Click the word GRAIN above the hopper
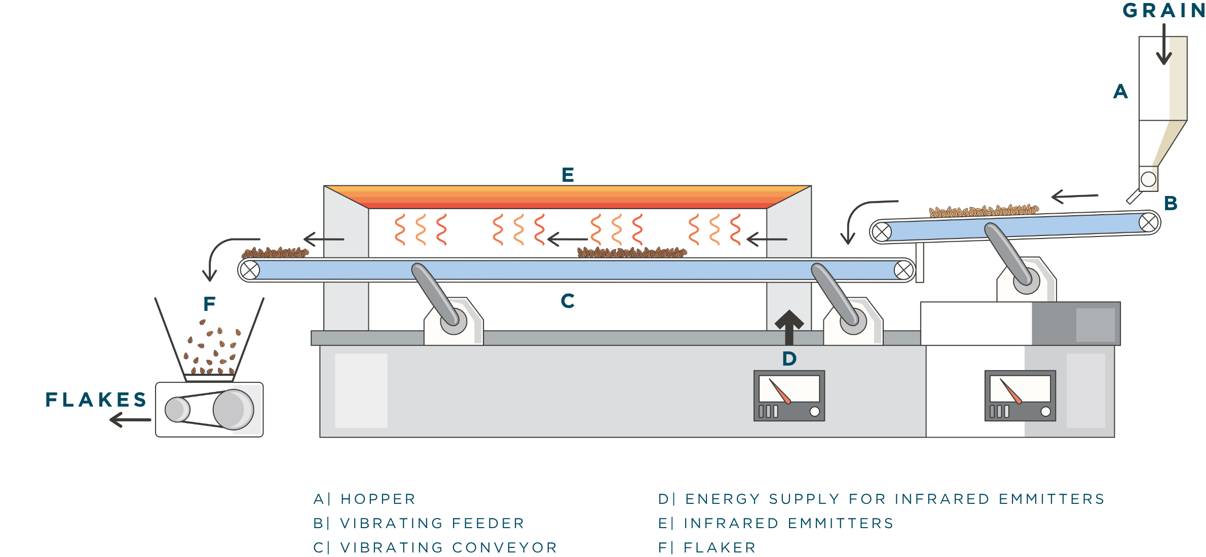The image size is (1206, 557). (x=1163, y=11)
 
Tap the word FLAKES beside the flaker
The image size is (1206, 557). (x=96, y=400)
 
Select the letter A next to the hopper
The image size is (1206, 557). (x=1120, y=92)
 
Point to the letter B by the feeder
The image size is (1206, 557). (x=1171, y=204)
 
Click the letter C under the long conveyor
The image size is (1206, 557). (x=568, y=301)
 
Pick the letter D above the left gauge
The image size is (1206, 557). (x=789, y=359)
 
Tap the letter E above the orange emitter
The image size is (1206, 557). (x=568, y=175)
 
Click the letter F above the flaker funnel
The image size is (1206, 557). (x=209, y=304)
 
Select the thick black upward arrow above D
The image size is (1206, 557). (x=789, y=327)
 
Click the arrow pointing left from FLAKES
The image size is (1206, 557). (x=130, y=419)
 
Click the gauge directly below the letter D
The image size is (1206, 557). (x=789, y=396)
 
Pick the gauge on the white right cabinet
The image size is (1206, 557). (x=1020, y=396)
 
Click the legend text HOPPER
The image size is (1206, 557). (x=378, y=499)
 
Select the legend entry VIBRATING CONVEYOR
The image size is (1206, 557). (x=448, y=547)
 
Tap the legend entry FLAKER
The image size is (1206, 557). (x=720, y=547)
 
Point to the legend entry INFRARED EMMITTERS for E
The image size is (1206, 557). (x=788, y=523)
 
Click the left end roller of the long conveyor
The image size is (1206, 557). (x=249, y=270)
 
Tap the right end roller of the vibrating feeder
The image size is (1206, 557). (x=1149, y=222)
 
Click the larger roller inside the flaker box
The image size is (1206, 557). (x=233, y=409)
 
